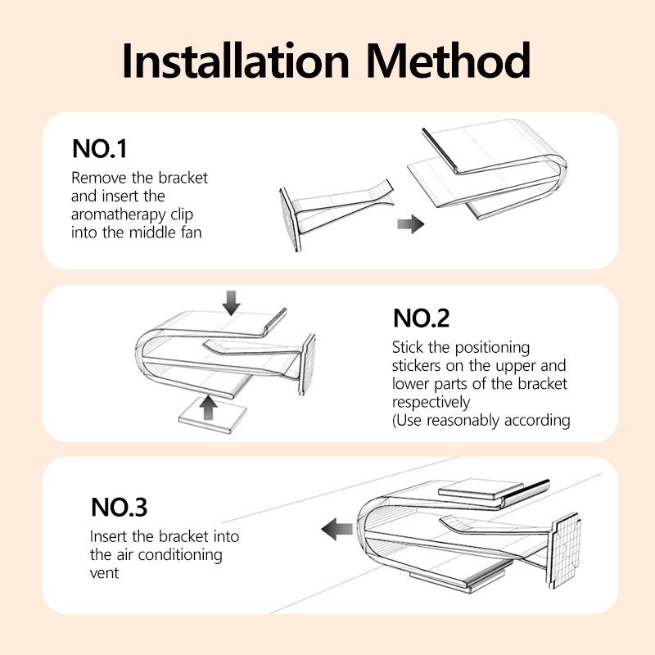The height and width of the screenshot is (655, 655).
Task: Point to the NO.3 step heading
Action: (119, 507)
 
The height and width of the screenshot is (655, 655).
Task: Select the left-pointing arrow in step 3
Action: (337, 531)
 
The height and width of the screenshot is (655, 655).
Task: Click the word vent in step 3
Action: (105, 573)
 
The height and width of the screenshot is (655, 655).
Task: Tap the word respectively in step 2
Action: (431, 403)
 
